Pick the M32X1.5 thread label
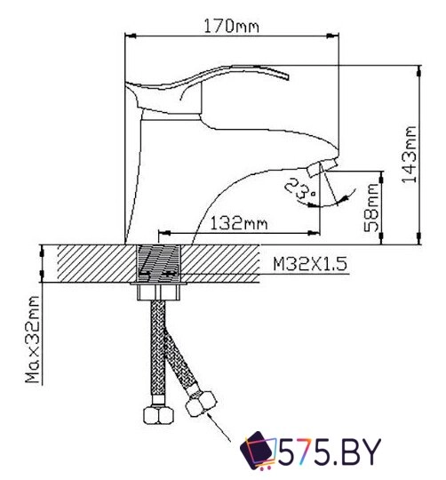click(307, 264)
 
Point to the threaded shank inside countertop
click(160, 263)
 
